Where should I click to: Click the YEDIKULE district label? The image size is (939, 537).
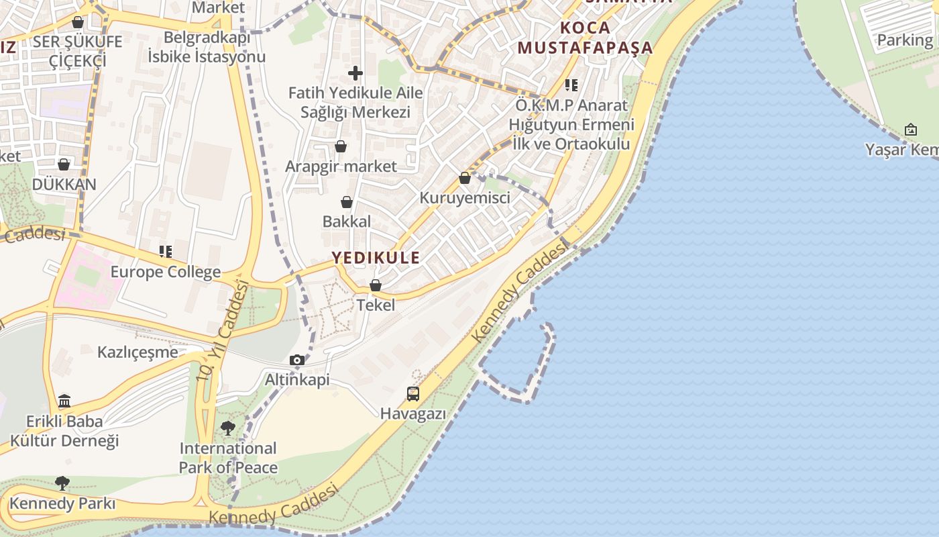(376, 257)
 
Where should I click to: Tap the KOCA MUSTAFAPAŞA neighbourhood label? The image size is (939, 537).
(585, 38)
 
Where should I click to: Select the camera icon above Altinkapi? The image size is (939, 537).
(297, 360)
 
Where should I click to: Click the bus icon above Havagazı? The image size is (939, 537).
(413, 394)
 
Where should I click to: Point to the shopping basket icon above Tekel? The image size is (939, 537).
(376, 285)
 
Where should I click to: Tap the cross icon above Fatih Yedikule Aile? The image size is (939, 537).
(355, 73)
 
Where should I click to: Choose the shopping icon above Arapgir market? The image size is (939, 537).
(341, 146)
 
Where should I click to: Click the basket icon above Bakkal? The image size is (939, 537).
(347, 202)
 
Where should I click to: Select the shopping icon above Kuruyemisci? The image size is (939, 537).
(465, 178)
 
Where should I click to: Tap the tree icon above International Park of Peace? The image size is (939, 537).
(228, 428)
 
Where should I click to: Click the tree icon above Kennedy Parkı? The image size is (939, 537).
(62, 483)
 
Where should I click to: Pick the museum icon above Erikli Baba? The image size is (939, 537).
(64, 401)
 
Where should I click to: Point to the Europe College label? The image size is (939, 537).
(165, 272)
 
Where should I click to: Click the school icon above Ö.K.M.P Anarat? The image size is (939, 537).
(571, 85)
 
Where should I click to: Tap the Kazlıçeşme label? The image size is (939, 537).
(137, 352)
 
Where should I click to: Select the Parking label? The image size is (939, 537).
(905, 40)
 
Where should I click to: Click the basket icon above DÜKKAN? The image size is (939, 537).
(64, 164)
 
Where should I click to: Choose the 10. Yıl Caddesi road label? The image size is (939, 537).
(222, 332)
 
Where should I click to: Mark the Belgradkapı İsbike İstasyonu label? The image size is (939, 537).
(206, 47)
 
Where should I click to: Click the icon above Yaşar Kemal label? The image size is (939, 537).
(911, 130)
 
